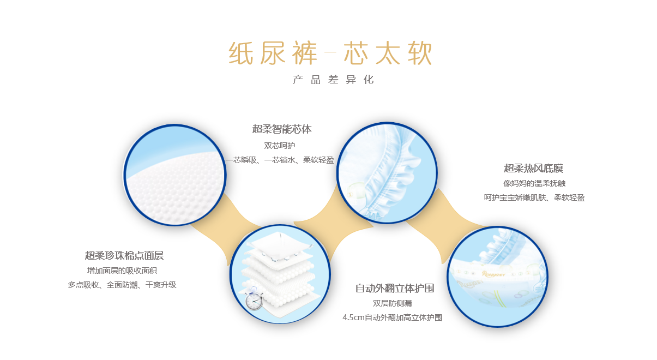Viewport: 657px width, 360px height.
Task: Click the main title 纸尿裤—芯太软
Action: pyautogui.click(x=330, y=53)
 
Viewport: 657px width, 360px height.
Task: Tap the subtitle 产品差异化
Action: pyautogui.click(x=333, y=80)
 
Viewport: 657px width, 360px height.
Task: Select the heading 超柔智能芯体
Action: pyautogui.click(x=282, y=129)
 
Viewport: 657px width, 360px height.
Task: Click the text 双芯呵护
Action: pyautogui.click(x=280, y=146)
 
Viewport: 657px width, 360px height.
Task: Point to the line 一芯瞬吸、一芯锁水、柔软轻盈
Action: pyautogui.click(x=280, y=160)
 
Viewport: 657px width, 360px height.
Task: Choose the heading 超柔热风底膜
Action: pyautogui.click(x=533, y=168)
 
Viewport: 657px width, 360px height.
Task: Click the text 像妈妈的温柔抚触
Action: pyautogui.click(x=534, y=183)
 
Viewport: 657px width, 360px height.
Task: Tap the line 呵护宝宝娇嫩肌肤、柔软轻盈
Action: pyautogui.click(x=534, y=197)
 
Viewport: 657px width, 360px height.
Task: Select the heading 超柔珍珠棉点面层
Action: pyautogui.click(x=124, y=255)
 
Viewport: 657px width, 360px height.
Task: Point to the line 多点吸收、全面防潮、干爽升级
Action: pyautogui.click(x=122, y=284)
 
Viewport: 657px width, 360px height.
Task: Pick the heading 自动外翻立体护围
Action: pyautogui.click(x=395, y=288)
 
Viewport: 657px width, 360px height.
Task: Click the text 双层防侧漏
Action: pyautogui.click(x=393, y=303)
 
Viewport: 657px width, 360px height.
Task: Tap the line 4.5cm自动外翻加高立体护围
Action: pyautogui.click(x=393, y=317)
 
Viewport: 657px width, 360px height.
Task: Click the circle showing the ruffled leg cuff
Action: pyautogui.click(x=387, y=173)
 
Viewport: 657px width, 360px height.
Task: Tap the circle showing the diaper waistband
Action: pyautogui.click(x=497, y=277)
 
